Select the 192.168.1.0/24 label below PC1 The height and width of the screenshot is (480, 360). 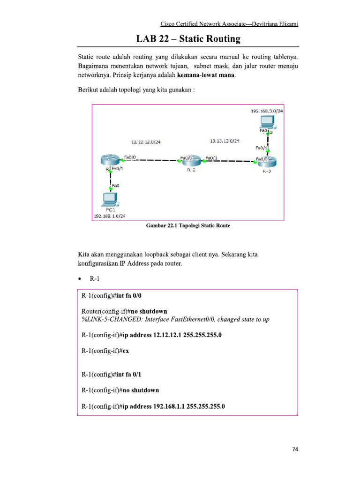110,216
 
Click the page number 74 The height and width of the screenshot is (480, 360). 295,450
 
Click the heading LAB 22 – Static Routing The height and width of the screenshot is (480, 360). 188,39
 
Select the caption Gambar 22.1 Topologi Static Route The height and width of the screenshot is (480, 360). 188,225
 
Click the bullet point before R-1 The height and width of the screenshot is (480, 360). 80,279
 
